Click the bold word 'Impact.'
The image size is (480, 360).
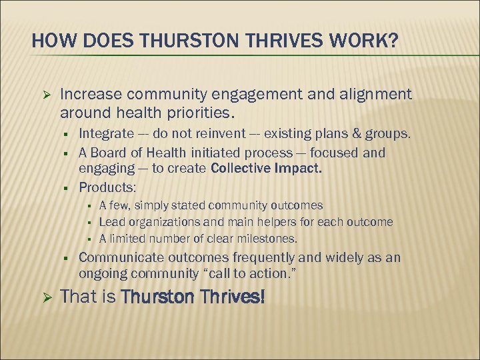pos(297,169)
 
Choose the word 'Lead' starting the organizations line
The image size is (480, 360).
pos(111,221)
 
